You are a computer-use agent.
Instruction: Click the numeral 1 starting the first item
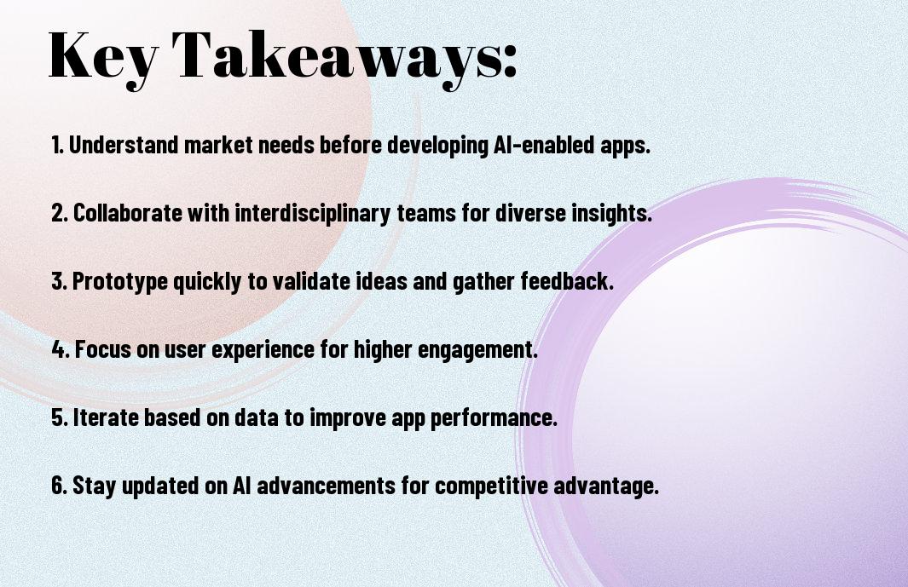pos(56,145)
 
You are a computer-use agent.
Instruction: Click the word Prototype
pos(120,282)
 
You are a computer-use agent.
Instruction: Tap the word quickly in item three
pos(206,282)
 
